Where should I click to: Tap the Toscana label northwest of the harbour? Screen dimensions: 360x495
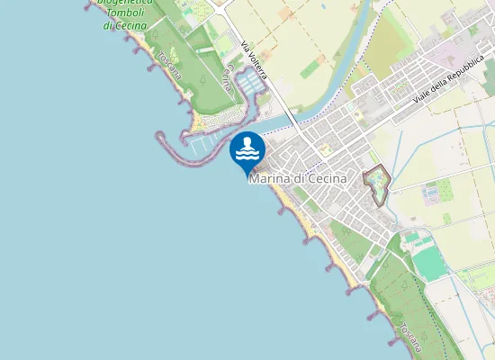(x=168, y=64)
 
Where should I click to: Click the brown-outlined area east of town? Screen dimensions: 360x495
(x=376, y=184)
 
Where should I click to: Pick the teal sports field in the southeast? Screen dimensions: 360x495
(x=431, y=261)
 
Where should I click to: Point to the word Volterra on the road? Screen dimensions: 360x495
(x=257, y=67)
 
